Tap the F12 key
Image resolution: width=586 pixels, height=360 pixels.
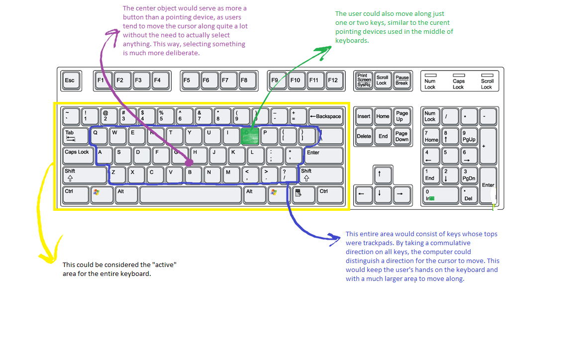click(x=332, y=80)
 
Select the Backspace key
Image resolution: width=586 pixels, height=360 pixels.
click(x=326, y=116)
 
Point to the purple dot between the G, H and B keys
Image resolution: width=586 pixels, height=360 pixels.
click(x=189, y=162)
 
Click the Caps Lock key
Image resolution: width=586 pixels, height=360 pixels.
click(x=77, y=155)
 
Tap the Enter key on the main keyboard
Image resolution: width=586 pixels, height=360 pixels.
click(x=324, y=155)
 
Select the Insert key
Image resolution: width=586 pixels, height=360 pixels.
click(x=364, y=116)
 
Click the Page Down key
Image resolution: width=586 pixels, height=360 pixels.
click(x=401, y=136)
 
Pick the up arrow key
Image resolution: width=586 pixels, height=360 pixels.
click(x=380, y=175)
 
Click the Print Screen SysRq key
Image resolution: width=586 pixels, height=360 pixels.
click(x=364, y=80)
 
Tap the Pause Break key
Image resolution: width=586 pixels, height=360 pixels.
click(x=401, y=80)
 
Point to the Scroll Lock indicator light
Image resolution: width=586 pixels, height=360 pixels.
click(x=487, y=75)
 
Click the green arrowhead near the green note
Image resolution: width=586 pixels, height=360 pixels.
click(x=326, y=49)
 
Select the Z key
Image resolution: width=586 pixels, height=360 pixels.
click(x=117, y=175)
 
